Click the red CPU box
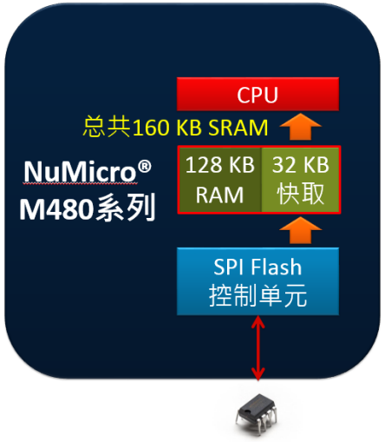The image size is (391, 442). point(257,95)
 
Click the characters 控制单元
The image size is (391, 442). point(257,296)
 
